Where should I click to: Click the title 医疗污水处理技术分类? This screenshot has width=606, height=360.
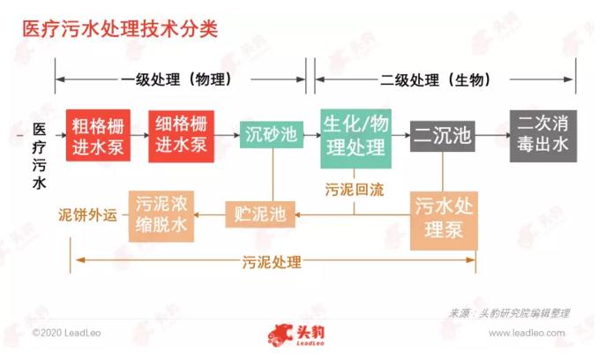[x=119, y=29]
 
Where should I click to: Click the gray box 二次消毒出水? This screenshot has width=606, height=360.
[x=542, y=136]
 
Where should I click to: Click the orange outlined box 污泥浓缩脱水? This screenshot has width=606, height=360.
[x=161, y=214]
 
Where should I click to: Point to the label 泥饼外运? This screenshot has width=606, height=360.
[x=87, y=214]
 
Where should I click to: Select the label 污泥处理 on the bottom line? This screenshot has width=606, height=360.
[x=273, y=261]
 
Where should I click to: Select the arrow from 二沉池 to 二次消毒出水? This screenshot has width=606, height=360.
[x=492, y=136]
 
